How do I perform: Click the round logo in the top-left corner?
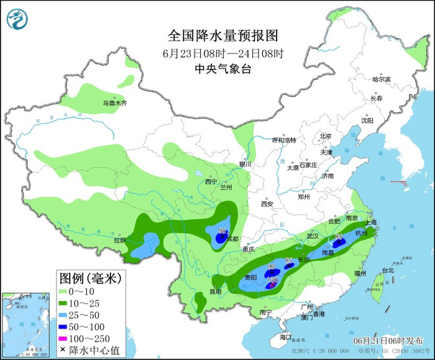pyautogui.click(x=17, y=19)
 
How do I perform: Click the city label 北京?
pyautogui.click(x=326, y=136)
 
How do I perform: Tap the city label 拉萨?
pyautogui.click(x=119, y=240)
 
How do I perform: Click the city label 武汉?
pyautogui.click(x=311, y=236)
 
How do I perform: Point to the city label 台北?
pyautogui.click(x=388, y=270)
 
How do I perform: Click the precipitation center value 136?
pyautogui.click(x=272, y=280)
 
